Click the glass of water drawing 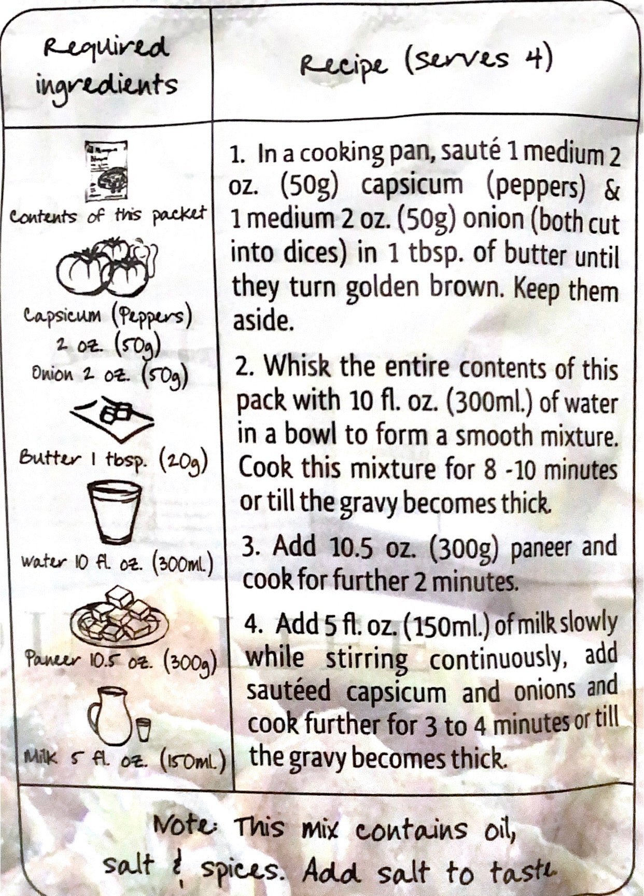click(114, 512)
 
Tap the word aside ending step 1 click(262, 322)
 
